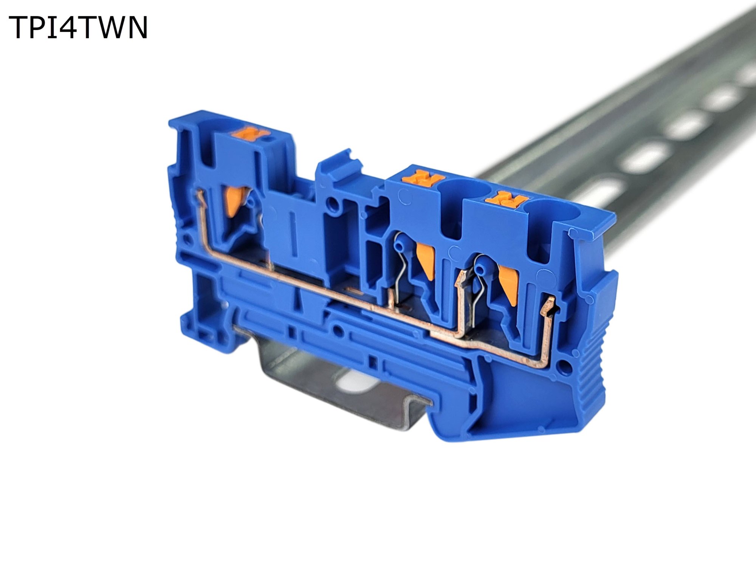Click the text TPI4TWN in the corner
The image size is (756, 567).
(78, 28)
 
